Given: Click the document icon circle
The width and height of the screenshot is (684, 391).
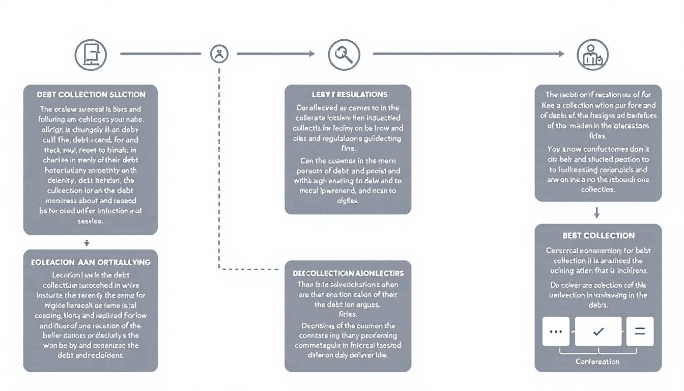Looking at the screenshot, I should [x=91, y=54].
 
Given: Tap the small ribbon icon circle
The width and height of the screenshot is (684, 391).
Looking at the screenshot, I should [x=219, y=53].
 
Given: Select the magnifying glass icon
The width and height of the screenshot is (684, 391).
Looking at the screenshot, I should [x=344, y=54].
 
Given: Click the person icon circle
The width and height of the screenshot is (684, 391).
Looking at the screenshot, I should [x=593, y=54].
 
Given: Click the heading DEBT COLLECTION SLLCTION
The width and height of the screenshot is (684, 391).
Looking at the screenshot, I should [x=91, y=95].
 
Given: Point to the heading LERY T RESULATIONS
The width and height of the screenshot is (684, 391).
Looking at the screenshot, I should [x=350, y=95].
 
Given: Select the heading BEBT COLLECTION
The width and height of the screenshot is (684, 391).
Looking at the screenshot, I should [x=598, y=236].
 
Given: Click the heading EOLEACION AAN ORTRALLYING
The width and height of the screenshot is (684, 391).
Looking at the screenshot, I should [x=91, y=262].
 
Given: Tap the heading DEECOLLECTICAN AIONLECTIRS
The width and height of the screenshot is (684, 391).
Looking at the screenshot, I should [x=348, y=273].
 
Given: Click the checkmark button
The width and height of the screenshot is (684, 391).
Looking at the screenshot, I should [x=598, y=331].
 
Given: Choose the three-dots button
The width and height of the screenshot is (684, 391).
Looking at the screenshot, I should [x=556, y=331].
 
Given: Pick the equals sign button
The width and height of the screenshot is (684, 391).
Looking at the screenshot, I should [x=640, y=331].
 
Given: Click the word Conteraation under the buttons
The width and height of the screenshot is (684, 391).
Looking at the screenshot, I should [x=598, y=361].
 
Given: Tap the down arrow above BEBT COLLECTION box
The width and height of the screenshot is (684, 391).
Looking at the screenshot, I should [x=597, y=213].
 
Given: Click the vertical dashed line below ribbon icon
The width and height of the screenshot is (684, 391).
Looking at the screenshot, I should [x=219, y=168].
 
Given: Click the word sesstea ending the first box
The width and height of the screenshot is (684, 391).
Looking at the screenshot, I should [x=90, y=221].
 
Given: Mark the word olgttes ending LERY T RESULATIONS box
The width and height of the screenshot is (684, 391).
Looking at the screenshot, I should [x=348, y=201].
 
